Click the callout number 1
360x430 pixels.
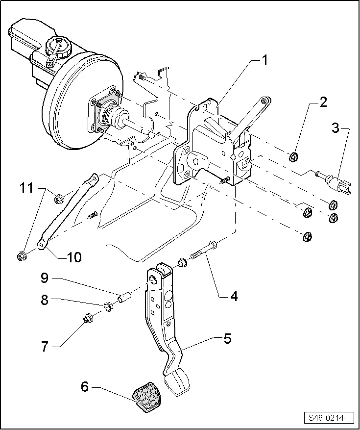[x=264, y=61]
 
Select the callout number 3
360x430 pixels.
[x=335, y=128]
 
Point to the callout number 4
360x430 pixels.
[x=234, y=296]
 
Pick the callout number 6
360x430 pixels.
[x=85, y=387]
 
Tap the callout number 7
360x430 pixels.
[x=45, y=347]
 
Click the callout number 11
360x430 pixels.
[x=27, y=187]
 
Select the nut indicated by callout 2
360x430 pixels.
[x=294, y=157]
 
